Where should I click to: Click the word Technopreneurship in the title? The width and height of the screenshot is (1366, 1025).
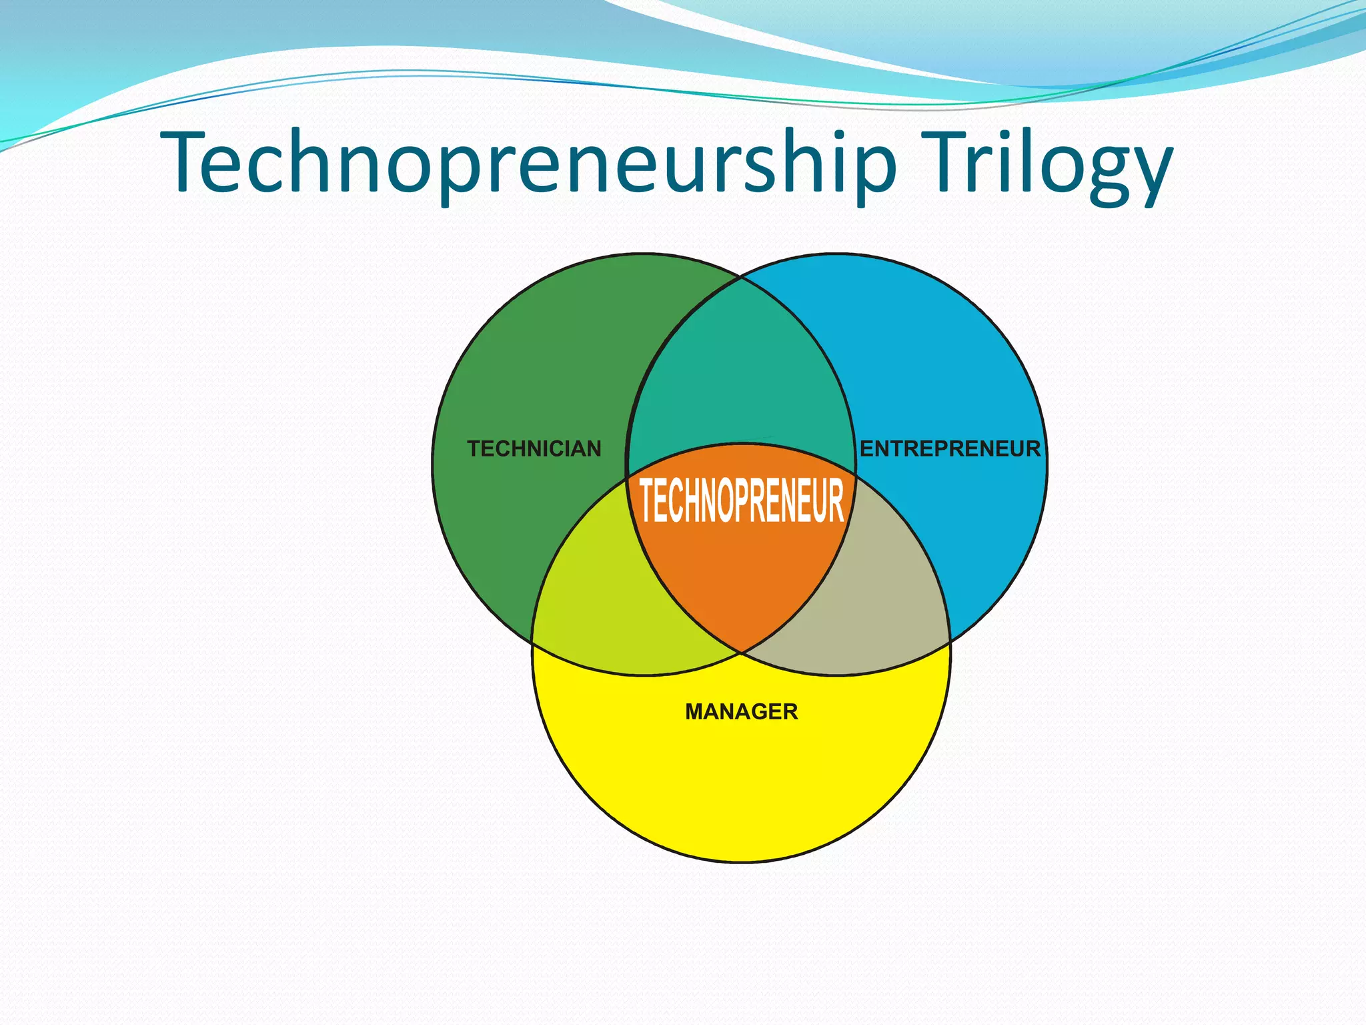[527, 163]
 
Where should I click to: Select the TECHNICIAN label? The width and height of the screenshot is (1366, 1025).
[534, 448]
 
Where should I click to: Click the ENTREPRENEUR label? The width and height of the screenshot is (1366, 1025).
[950, 448]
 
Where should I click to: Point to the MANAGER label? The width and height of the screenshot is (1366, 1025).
[741, 711]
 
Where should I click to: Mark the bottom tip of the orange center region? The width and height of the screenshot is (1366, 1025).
[741, 649]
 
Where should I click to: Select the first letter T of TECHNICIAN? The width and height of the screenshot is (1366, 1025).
[474, 448]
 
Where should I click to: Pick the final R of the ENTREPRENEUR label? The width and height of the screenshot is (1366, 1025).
[1033, 448]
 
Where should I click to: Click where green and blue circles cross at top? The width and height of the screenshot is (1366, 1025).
[740, 278]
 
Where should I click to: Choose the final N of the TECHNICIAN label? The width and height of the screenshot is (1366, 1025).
[594, 448]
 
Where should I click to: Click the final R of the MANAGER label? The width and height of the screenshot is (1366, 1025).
[790, 711]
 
